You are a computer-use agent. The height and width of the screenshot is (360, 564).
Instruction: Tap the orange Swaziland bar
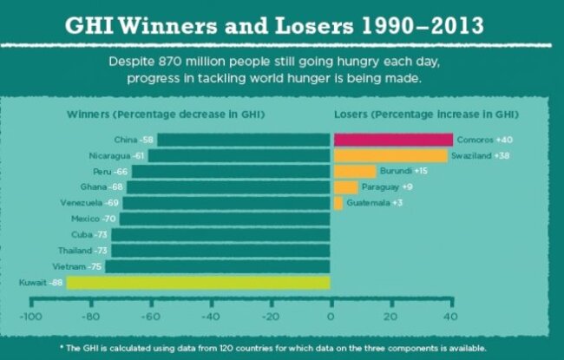pyautogui.click(x=390, y=155)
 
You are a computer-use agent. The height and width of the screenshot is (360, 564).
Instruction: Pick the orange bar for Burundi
pyautogui.click(x=355, y=171)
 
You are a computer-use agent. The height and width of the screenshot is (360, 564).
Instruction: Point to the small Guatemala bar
pyautogui.click(x=338, y=202)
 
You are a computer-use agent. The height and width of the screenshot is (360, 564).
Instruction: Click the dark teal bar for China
pyautogui.click(x=243, y=140)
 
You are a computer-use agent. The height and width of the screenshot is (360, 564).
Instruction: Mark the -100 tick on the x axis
pyautogui.click(x=31, y=317)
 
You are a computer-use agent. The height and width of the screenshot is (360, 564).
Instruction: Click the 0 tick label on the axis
pyautogui.click(x=331, y=317)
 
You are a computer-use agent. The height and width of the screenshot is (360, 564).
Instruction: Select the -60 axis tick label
pyautogui.click(x=150, y=317)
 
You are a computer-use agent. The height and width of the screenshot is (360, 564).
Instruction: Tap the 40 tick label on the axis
pyautogui.click(x=450, y=317)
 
